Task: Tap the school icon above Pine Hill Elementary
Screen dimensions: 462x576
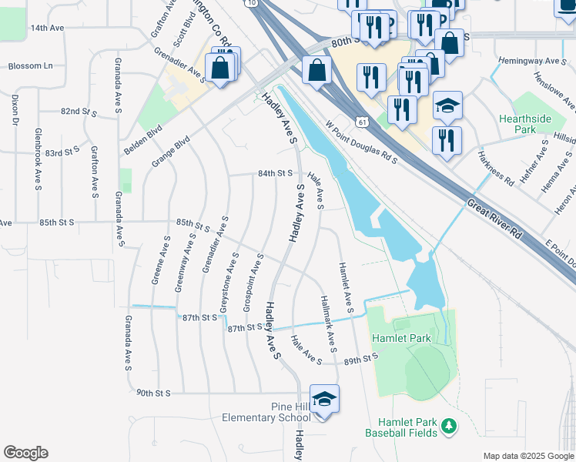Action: [x=324, y=400]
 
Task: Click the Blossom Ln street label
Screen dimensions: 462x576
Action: [x=29, y=66]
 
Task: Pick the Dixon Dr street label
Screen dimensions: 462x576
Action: [x=15, y=110]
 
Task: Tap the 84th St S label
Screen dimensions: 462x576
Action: [x=276, y=174]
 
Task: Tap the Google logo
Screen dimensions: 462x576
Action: [x=25, y=453]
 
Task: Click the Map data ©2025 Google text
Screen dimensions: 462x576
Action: [x=527, y=456]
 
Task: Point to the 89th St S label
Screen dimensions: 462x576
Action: [x=362, y=359]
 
